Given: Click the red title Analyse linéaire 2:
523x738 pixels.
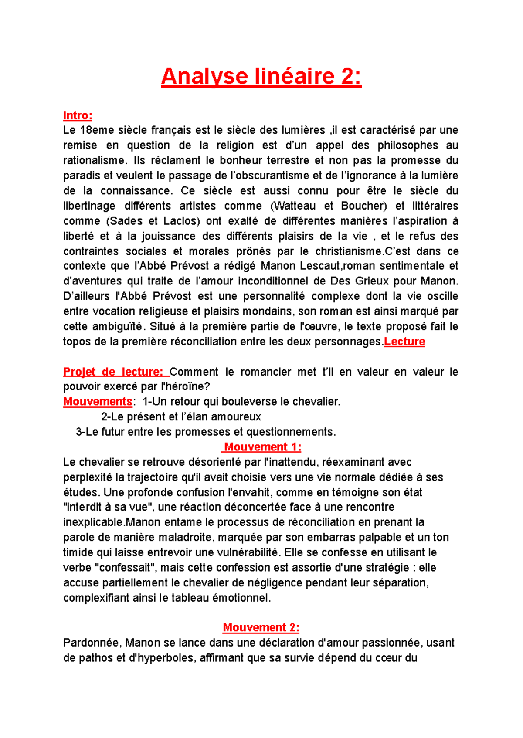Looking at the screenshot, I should tap(261, 77).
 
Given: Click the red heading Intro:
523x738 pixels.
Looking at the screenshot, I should tap(78, 115).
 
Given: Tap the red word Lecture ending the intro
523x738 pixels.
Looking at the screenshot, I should tap(404, 342).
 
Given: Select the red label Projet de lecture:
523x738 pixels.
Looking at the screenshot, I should tap(113, 372).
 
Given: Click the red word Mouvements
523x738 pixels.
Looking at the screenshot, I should tap(98, 401).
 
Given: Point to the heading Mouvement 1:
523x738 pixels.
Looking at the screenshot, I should tap(262, 447).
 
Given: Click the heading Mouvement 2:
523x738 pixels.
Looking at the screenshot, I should tap(261, 627).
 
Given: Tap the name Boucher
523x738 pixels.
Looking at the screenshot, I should tap(363, 206).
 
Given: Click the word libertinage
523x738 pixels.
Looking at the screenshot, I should tap(89, 206).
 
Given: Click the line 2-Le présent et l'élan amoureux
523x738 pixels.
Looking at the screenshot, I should tap(181, 417).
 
